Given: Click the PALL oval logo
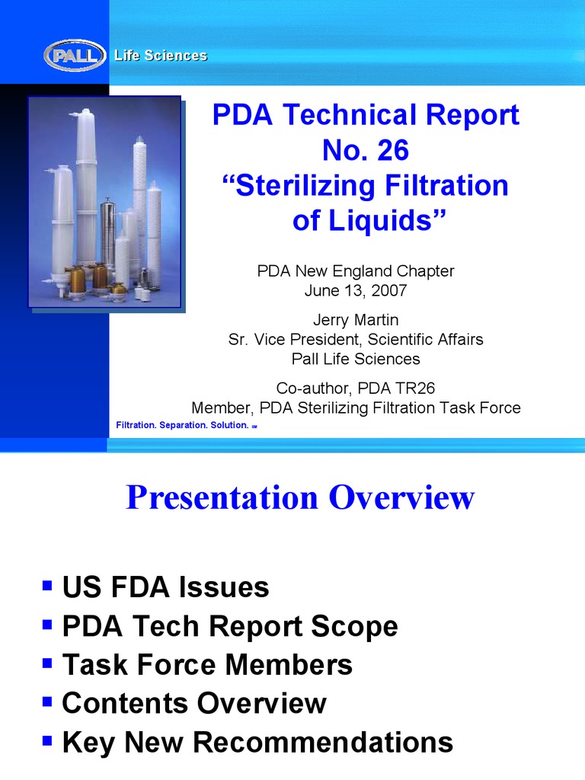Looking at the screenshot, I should (75, 56).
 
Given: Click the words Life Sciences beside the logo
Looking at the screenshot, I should (161, 56).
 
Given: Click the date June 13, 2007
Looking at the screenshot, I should (356, 290).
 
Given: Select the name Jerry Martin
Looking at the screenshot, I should (356, 320).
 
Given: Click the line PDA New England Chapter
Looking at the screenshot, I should (356, 271).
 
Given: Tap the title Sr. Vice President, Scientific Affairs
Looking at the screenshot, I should (356, 339).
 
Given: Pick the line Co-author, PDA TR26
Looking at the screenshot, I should (356, 388).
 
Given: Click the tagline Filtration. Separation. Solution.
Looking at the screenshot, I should (182, 425).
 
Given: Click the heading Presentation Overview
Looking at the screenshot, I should (300, 498).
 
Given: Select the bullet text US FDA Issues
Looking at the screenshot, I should (165, 587).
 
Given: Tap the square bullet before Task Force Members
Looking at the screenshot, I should (48, 663).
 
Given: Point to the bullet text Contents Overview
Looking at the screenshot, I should (194, 703).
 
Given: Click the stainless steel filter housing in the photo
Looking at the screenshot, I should (107, 232).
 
